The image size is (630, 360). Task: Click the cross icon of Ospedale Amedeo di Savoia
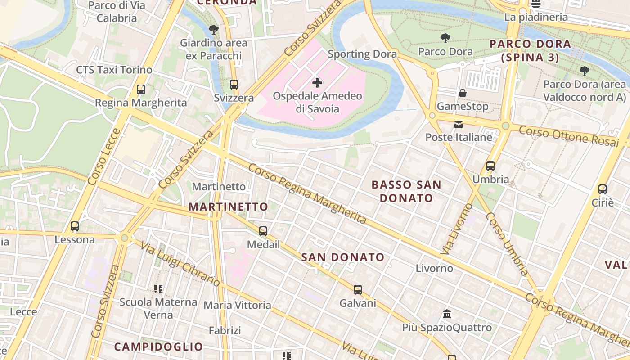coord(317,83)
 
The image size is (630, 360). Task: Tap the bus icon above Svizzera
coord(234,85)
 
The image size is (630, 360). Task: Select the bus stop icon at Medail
coord(263,231)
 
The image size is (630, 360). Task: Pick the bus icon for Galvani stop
coord(358,290)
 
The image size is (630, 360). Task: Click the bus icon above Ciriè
coord(603,189)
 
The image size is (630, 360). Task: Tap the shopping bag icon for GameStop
coord(462,93)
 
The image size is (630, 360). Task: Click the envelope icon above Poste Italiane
coord(459,124)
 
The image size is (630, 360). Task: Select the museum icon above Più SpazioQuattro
coord(447,314)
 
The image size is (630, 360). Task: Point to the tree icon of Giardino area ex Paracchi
coord(214,30)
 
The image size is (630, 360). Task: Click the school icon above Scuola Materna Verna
coord(158,288)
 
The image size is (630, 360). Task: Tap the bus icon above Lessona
coord(75,226)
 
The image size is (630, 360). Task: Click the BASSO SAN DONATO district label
coord(406,191)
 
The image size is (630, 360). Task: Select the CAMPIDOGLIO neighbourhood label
coord(158,346)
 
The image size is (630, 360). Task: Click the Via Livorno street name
coord(456,229)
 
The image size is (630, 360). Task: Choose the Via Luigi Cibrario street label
coord(180,264)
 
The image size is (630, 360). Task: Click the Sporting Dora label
coord(362,54)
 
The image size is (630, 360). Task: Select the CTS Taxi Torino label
coord(114,70)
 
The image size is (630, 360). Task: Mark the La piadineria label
coord(536,18)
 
